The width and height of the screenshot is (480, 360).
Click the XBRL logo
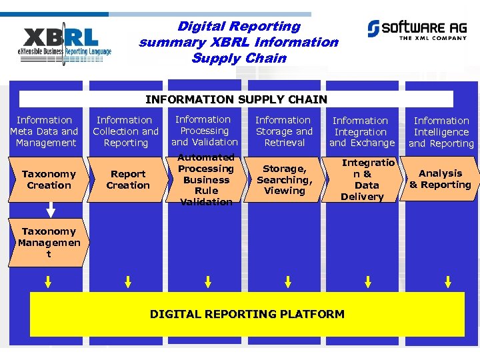click(67, 44)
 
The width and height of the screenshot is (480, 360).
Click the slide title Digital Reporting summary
click(238, 42)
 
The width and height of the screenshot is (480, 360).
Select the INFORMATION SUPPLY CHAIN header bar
click(236, 99)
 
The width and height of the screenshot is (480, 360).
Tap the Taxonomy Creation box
click(48, 179)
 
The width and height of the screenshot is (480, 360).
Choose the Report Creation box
click(127, 179)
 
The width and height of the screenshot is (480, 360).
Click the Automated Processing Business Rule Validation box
click(206, 179)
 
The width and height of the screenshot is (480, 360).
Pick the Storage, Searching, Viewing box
click(285, 179)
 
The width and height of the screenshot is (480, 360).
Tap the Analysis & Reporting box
click(440, 179)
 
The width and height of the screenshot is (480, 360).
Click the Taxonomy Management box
click(49, 243)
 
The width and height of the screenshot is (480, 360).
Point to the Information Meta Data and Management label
click(45, 131)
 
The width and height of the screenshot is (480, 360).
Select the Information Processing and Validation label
click(204, 131)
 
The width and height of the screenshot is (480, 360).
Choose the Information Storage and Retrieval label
click(284, 131)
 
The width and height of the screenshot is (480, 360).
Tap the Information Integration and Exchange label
click(361, 132)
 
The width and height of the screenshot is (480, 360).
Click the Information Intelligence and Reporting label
click(441, 132)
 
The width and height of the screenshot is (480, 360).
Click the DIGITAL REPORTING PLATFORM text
click(247, 314)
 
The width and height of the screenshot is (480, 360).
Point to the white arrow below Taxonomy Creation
click(48, 213)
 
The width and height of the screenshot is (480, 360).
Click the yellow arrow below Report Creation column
click(128, 282)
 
